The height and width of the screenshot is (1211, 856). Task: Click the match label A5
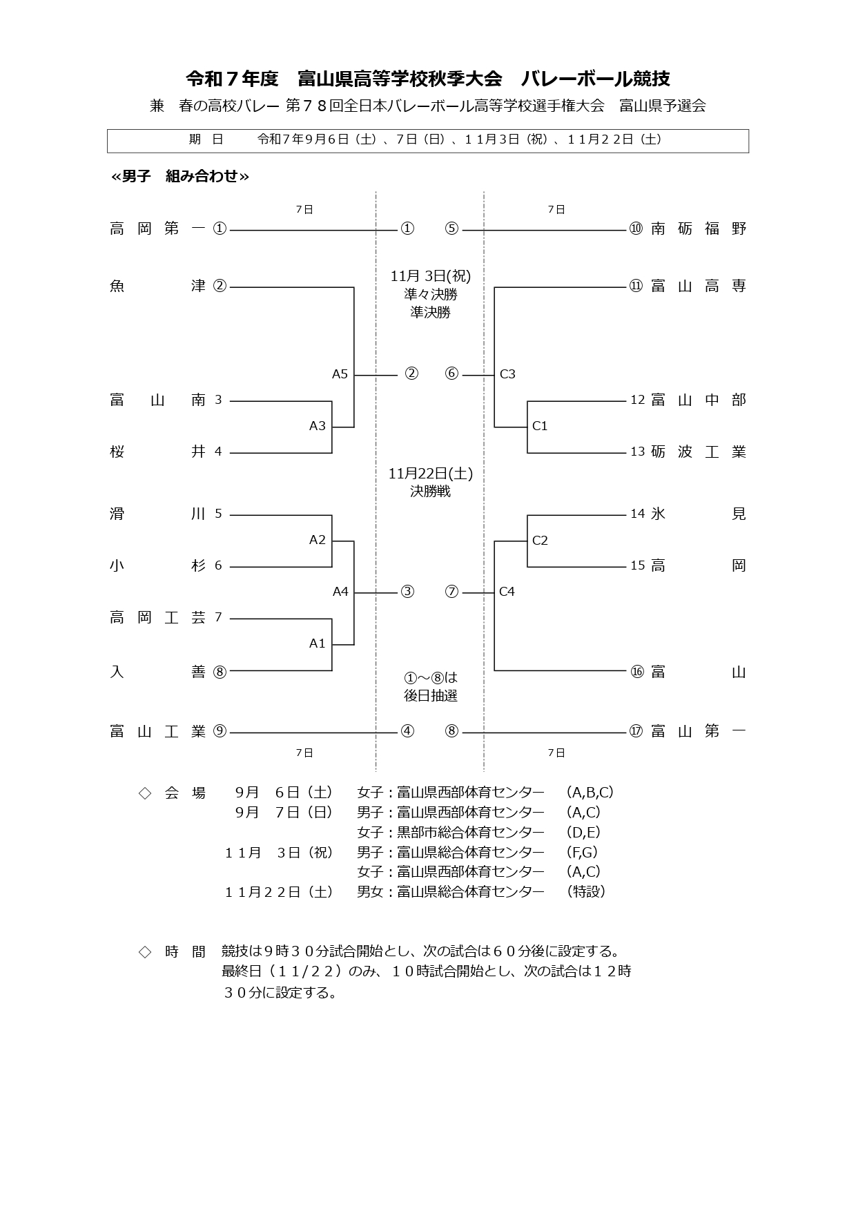(340, 374)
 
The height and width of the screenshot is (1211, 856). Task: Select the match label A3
(317, 426)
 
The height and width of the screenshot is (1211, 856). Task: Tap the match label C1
(540, 426)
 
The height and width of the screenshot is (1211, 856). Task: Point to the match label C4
(507, 592)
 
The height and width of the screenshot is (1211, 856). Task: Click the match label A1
(317, 643)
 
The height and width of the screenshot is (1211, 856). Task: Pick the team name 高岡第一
(157, 229)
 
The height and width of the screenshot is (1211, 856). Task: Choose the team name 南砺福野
(699, 229)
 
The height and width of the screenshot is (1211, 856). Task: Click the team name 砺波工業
(699, 452)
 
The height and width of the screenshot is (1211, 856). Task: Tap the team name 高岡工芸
(157, 618)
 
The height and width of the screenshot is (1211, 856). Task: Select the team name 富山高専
(699, 286)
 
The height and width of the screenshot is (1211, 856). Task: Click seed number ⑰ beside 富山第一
(636, 731)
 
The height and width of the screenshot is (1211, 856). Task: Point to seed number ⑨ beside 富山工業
(220, 731)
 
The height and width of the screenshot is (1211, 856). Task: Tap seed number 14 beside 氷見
(637, 514)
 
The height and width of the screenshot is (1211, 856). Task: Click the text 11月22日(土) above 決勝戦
(430, 474)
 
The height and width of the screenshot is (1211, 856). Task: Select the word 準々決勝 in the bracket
(430, 294)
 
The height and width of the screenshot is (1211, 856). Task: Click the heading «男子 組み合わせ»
(180, 176)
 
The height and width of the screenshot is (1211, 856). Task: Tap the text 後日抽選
(430, 695)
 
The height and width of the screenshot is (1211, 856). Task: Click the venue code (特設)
(586, 891)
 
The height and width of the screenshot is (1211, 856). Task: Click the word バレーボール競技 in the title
(595, 79)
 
